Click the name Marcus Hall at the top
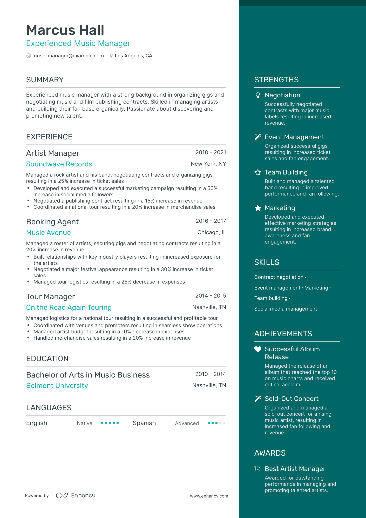(x=65, y=30)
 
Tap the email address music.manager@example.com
(x=68, y=56)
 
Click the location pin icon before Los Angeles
(x=111, y=56)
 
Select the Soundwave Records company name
(x=59, y=164)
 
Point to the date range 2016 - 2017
(x=211, y=221)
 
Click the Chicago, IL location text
(x=212, y=232)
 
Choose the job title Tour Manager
(x=51, y=297)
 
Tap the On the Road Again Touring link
(x=69, y=307)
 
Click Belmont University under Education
(x=57, y=386)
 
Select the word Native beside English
(x=85, y=423)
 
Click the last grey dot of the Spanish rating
(x=224, y=423)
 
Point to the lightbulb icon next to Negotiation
(x=257, y=96)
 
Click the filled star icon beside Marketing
(x=257, y=208)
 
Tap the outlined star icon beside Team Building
(x=257, y=172)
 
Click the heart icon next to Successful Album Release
(x=257, y=349)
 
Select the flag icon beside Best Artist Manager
(x=258, y=469)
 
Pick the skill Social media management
(x=286, y=309)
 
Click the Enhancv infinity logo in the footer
(x=62, y=495)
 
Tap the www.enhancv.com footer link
(x=209, y=496)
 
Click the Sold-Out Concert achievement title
(x=292, y=399)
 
